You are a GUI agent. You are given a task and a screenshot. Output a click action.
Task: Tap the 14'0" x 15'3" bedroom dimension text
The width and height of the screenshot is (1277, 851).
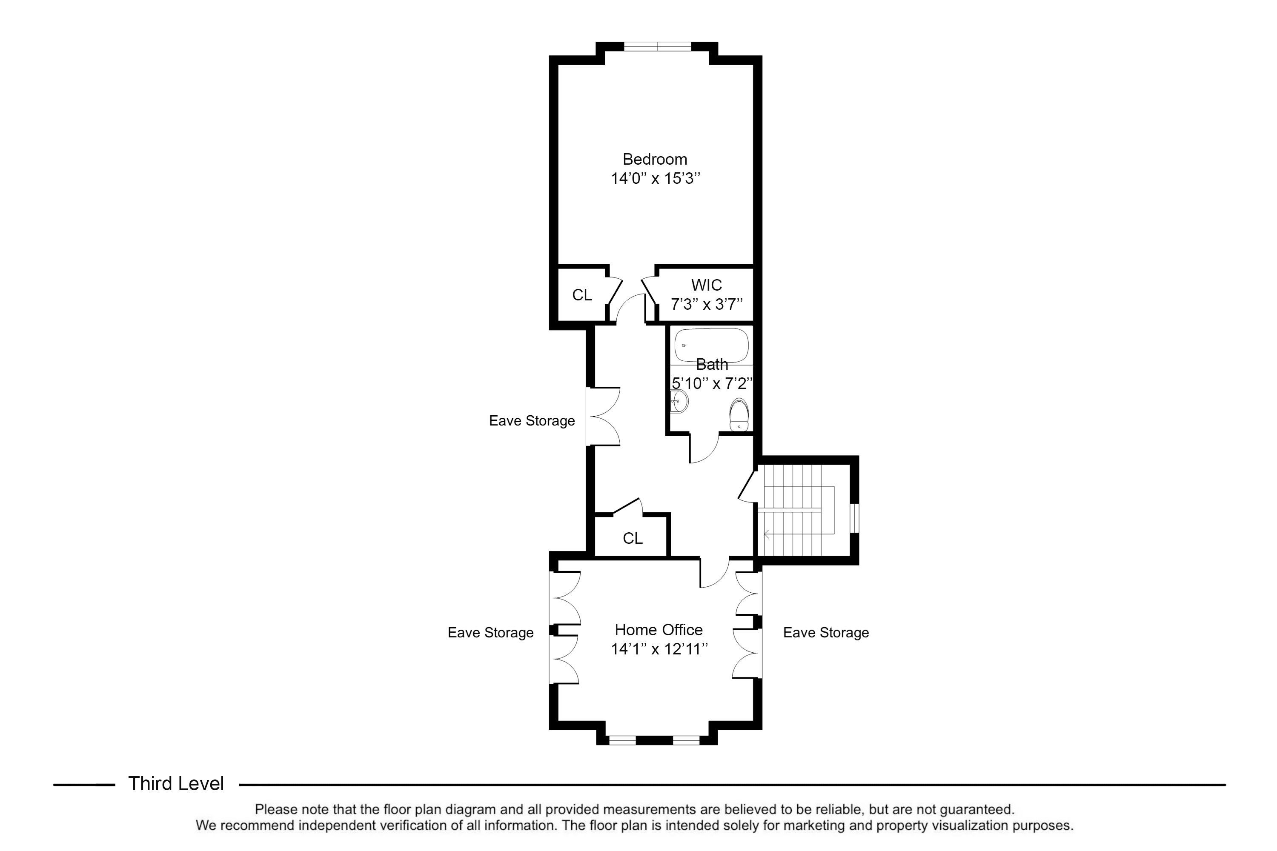point(656,179)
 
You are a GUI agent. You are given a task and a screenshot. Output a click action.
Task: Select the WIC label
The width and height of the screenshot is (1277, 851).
point(706,285)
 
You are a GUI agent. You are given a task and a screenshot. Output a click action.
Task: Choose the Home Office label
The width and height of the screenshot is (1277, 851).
point(659,630)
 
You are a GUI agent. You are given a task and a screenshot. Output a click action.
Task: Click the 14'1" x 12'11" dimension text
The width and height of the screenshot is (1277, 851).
point(659,649)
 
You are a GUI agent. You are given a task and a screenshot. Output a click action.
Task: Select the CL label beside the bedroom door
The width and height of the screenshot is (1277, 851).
point(582,295)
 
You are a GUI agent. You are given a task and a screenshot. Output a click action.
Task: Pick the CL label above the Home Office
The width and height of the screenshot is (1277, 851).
point(633,538)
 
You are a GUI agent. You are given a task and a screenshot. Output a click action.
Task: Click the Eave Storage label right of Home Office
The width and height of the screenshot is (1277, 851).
point(826,633)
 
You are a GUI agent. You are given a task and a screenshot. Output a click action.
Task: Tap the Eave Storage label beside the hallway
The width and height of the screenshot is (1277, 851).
point(532,421)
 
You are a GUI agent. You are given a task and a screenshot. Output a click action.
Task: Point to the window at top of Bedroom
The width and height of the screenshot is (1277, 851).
point(658,47)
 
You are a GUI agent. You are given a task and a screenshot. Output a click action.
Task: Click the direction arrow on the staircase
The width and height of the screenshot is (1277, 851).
point(767,534)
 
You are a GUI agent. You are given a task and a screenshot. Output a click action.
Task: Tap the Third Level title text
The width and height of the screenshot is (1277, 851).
point(176,784)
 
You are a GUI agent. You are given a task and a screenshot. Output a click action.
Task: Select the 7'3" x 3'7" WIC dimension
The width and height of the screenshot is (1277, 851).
point(706,305)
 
